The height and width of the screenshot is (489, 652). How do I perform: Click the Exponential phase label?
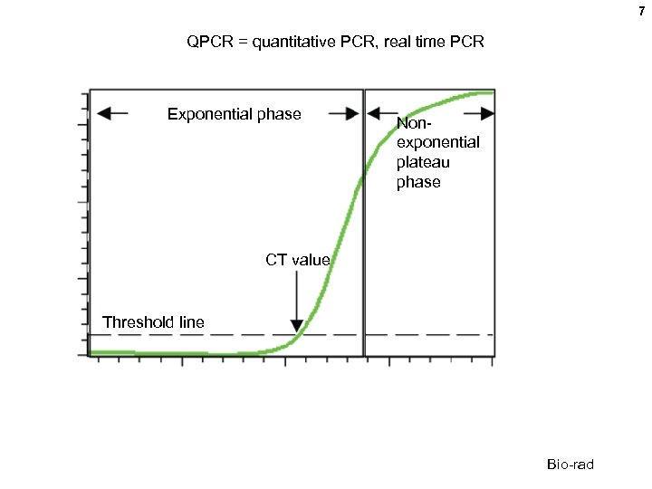click(235, 114)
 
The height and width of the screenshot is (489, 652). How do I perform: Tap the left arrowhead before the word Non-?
click(373, 114)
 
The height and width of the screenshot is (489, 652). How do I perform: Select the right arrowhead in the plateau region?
click(487, 114)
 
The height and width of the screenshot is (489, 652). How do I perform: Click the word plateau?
click(423, 163)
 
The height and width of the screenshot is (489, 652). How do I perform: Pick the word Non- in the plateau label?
click(415, 123)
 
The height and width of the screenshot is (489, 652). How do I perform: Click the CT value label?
click(298, 260)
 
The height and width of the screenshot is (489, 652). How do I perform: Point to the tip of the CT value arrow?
click(296, 331)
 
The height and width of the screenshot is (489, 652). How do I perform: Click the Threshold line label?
click(153, 321)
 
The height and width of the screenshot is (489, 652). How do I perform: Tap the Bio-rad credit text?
click(570, 465)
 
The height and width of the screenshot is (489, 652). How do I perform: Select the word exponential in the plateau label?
click(438, 143)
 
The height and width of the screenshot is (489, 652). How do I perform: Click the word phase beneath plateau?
click(418, 183)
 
